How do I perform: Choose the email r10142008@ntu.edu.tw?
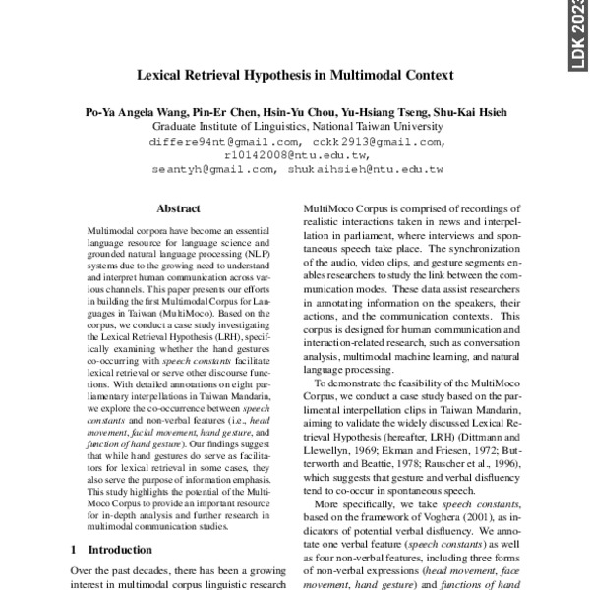296,155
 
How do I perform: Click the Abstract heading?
179,208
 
